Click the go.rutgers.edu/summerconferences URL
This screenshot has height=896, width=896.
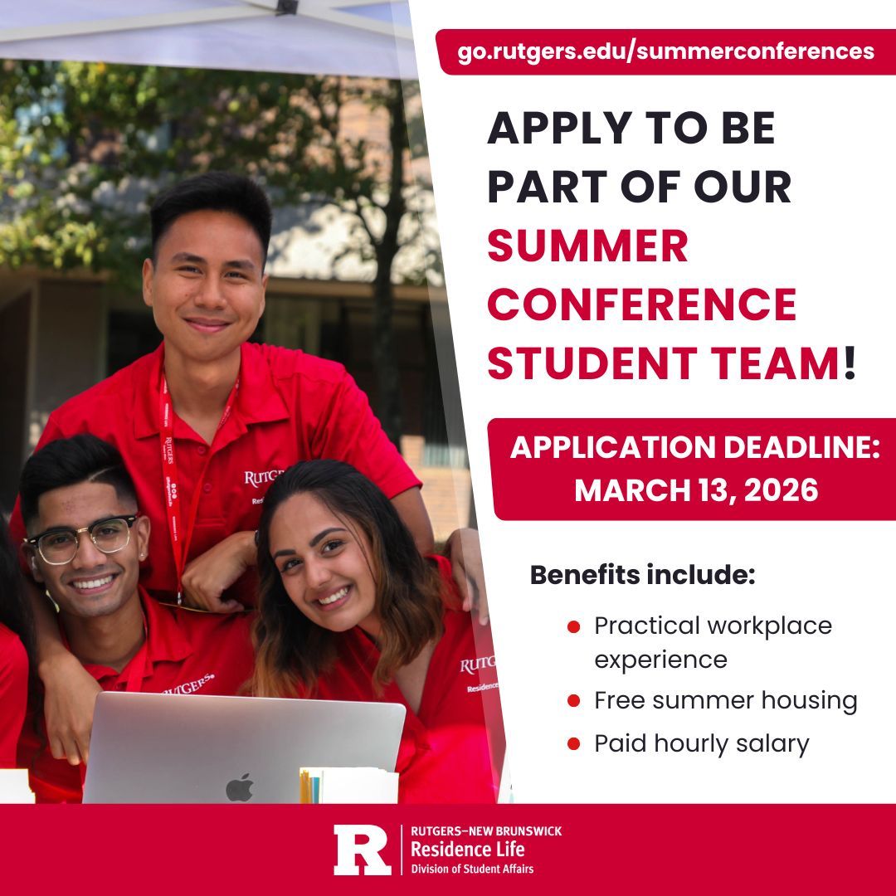(665, 51)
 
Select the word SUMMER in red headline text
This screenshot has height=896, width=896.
(587, 246)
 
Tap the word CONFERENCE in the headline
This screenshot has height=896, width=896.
(641, 304)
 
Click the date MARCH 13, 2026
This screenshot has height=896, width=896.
(696, 489)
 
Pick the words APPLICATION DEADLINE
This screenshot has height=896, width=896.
(694, 448)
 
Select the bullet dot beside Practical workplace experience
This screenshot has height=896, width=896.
(572, 626)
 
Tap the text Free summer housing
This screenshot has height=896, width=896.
(725, 700)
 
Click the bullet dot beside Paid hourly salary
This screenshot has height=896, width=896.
(572, 744)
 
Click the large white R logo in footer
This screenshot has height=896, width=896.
(362, 850)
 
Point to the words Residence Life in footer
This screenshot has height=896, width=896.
(468, 850)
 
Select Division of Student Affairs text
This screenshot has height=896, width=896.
(472, 869)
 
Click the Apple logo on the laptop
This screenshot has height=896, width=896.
(239, 786)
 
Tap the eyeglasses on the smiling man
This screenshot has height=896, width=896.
(81, 537)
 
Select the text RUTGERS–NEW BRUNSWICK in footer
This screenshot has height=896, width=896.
(485, 831)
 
